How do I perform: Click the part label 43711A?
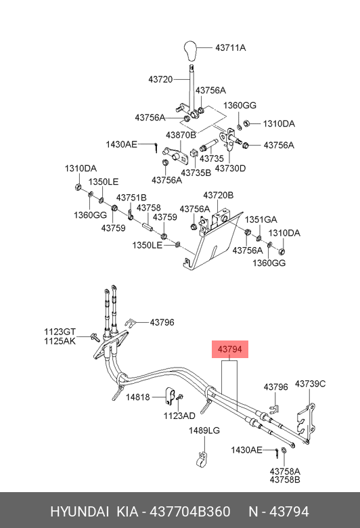pos(230,48)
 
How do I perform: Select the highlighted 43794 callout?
pos(229,349)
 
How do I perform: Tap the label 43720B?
pos(218,196)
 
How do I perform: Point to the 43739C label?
pos(310,384)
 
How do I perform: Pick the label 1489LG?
pos(204,431)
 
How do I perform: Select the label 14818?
pos(138,397)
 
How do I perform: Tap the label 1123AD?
pos(179,416)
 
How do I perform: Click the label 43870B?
pos(181,135)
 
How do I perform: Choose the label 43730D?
pos(230,168)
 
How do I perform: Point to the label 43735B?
pos(196,173)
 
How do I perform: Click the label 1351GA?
pos(261,219)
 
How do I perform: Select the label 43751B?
pos(131,198)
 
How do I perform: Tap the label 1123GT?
pos(60,332)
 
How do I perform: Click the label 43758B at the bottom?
pos(285,479)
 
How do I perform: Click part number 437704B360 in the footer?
pos(190,512)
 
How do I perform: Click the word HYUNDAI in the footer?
pos(79,512)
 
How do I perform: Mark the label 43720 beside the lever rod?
pos(160,79)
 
